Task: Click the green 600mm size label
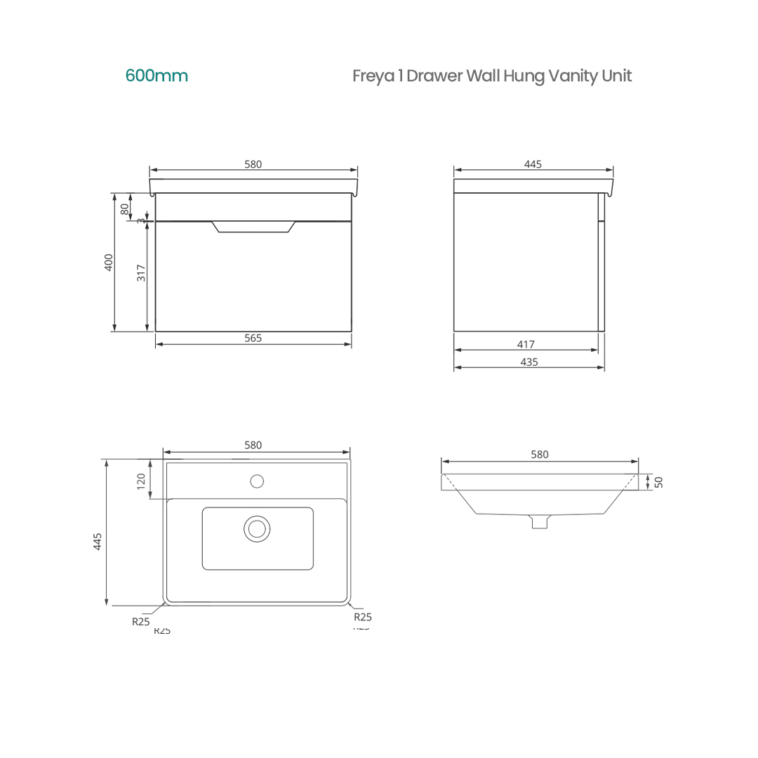click(x=157, y=76)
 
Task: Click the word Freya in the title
click(x=373, y=77)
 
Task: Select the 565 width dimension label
click(x=253, y=338)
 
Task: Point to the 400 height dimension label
click(x=109, y=262)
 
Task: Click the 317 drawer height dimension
click(x=142, y=273)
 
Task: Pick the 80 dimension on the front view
click(x=125, y=208)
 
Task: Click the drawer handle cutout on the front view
click(x=253, y=226)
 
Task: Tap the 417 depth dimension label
click(x=526, y=345)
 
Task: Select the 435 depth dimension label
click(x=529, y=362)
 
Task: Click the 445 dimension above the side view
click(x=533, y=164)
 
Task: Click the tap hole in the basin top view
click(x=257, y=481)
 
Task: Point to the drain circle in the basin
click(x=257, y=528)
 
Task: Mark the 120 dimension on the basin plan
click(x=141, y=481)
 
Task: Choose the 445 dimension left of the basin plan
click(x=98, y=541)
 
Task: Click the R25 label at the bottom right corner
click(x=362, y=617)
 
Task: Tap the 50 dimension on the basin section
click(x=658, y=481)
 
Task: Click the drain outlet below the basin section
click(x=539, y=521)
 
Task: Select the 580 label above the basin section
click(x=539, y=455)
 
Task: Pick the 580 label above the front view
click(x=253, y=164)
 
